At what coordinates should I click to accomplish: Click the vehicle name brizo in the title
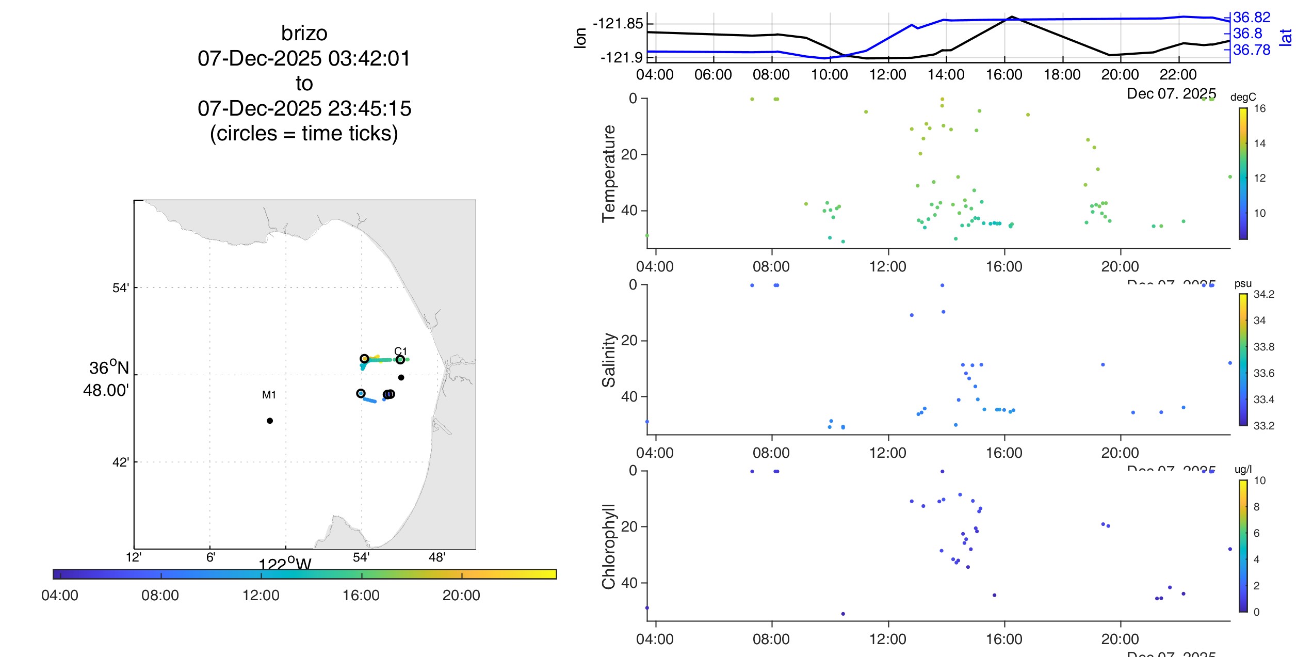(304, 34)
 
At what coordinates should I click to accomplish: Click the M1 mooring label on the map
(269, 395)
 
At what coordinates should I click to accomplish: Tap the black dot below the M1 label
(270, 421)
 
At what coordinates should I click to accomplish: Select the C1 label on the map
(401, 351)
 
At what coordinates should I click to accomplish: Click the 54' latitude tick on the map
(121, 288)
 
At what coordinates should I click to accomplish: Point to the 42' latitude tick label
(121, 462)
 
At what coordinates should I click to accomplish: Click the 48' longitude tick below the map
(437, 557)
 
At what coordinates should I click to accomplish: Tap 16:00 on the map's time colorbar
(361, 596)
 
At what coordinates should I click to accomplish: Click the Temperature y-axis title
(609, 173)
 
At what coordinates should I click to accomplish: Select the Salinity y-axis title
(609, 360)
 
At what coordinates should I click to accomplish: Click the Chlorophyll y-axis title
(609, 546)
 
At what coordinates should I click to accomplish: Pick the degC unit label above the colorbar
(1243, 98)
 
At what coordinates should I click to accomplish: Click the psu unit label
(1243, 284)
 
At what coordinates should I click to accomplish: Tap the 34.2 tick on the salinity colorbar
(1263, 295)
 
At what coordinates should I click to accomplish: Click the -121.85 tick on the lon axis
(618, 24)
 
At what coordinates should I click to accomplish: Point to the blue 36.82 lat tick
(1252, 18)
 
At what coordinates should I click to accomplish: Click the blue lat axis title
(1286, 37)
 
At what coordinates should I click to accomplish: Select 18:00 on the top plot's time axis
(1062, 75)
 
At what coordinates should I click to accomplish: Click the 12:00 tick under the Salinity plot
(887, 453)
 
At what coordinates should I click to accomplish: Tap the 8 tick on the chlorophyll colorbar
(1256, 507)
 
